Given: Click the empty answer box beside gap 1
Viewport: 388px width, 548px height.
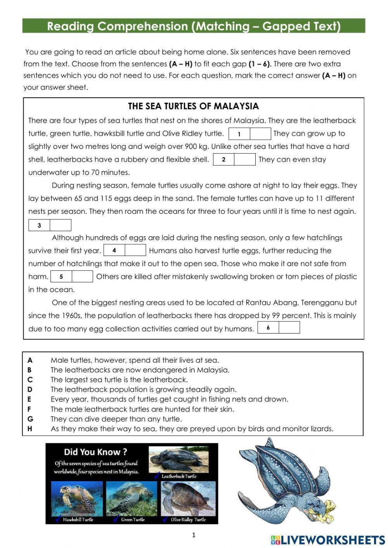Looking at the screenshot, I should click(260, 134).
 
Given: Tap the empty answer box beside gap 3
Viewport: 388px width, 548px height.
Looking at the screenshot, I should click(61, 225).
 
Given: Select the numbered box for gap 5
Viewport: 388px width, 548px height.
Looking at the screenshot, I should click(61, 277).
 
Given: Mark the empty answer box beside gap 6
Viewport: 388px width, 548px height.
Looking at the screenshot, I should click(289, 328).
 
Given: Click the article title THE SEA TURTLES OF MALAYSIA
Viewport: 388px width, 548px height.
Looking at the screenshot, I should click(193, 106).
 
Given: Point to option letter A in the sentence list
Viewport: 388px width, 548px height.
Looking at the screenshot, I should click(30, 360).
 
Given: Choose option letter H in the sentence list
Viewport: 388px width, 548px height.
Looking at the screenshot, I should click(30, 429).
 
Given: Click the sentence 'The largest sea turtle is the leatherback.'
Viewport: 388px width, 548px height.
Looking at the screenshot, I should click(119, 380).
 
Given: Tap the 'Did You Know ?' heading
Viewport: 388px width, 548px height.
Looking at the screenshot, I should click(95, 452).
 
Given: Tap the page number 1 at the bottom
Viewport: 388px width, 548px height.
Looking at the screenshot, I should click(194, 535).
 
